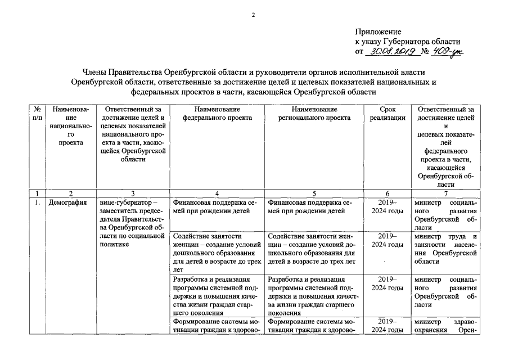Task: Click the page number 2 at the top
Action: [x=254, y=15]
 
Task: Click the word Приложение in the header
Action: [x=377, y=32]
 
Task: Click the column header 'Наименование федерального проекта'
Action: [x=217, y=113]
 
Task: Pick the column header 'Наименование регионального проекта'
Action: [x=314, y=113]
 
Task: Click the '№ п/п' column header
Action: [x=37, y=113]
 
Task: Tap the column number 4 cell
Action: [x=217, y=193]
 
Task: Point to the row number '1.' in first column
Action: [x=37, y=202]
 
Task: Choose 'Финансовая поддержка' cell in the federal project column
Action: [x=217, y=207]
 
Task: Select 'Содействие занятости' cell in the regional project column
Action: [x=314, y=249]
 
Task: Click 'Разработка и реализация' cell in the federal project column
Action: [x=217, y=295]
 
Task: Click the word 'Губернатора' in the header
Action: [x=409, y=42]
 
